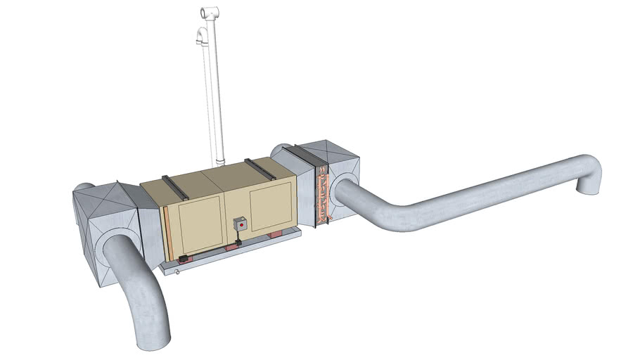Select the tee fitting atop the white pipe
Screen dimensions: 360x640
(x=209, y=13)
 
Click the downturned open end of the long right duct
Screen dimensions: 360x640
(x=586, y=186)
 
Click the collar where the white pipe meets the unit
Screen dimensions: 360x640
(x=220, y=163)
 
